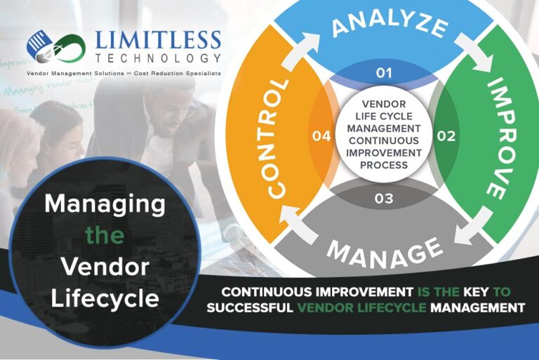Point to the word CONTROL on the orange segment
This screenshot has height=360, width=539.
point(277,137)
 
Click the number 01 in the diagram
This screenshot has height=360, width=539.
point(383,72)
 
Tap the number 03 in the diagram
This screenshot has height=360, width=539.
point(383,198)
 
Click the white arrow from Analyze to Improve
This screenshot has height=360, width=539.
point(480,61)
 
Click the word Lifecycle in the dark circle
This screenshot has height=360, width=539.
point(105,298)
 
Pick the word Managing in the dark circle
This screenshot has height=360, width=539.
point(105,204)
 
